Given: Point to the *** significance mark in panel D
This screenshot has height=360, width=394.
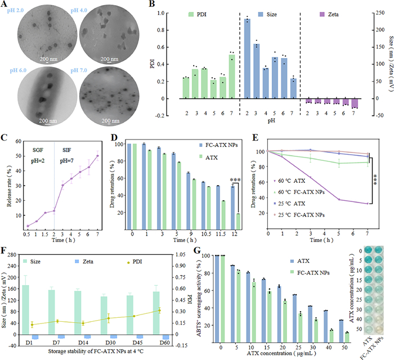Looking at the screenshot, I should [x=234, y=181].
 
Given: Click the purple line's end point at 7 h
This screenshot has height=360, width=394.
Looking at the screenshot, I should [x=368, y=203].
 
